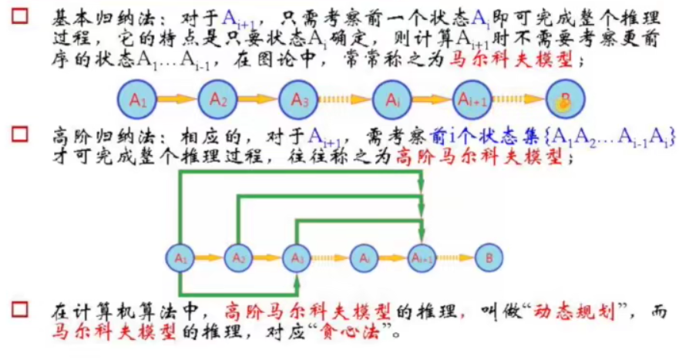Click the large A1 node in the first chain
point(138,99)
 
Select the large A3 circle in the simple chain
point(301,99)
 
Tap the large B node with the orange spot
point(565,99)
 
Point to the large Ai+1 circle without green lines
point(471,99)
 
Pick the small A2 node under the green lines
point(239,257)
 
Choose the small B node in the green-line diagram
point(487,257)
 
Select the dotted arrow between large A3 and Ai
point(344,99)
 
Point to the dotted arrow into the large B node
point(517,99)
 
